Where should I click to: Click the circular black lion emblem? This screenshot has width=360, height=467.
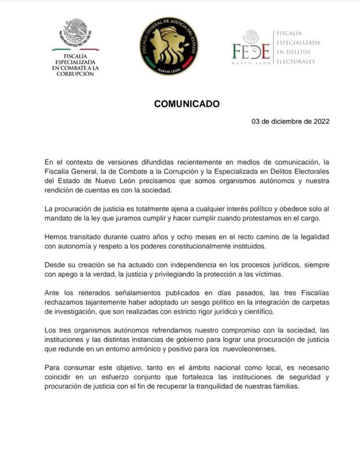coord(168,46)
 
